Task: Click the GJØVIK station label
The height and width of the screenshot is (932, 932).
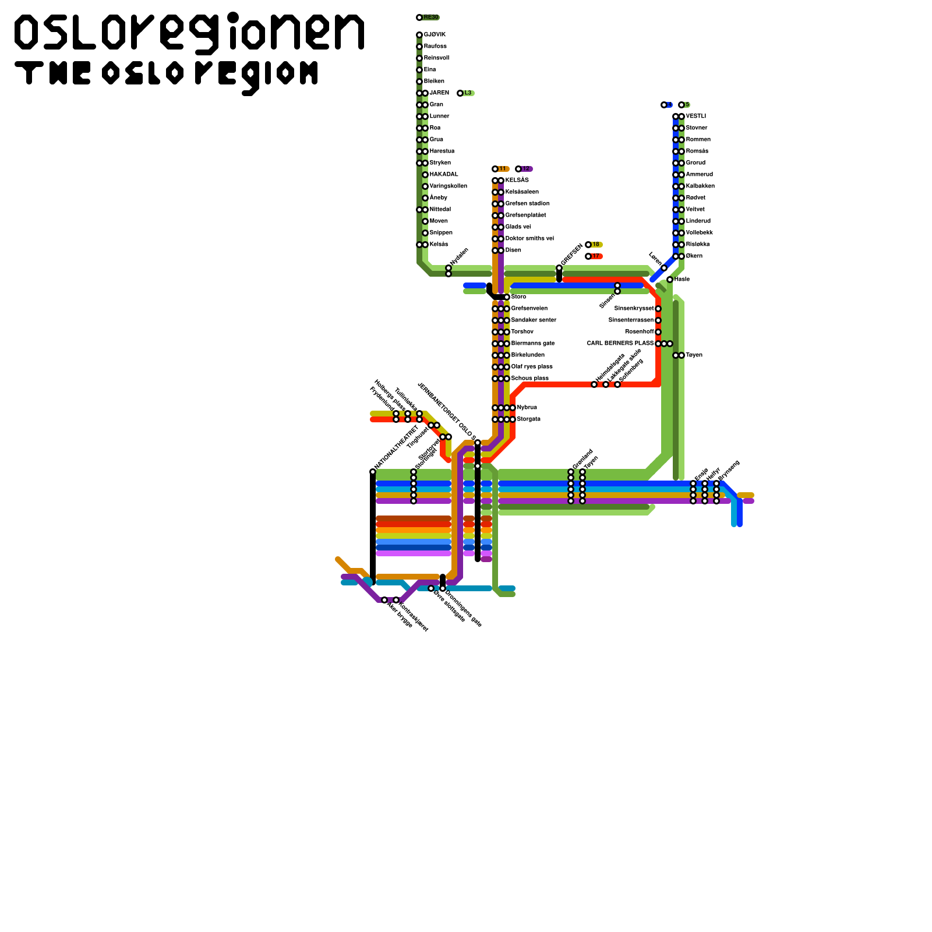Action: point(435,35)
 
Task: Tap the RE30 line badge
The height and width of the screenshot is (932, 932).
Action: point(430,17)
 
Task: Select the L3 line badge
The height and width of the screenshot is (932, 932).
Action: point(468,93)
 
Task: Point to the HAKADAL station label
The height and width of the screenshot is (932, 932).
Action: point(444,175)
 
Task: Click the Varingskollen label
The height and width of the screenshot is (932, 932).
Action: point(448,186)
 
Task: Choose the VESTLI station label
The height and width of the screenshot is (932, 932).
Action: point(696,116)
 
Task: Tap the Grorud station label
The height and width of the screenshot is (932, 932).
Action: point(696,163)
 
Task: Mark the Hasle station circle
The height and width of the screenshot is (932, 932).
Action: point(670,280)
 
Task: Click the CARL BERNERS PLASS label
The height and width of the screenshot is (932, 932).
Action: point(620,344)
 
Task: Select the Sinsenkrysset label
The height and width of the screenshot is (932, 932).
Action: point(634,309)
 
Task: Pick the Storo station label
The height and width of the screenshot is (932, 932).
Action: point(518,297)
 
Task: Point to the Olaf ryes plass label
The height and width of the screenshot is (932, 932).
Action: point(532,367)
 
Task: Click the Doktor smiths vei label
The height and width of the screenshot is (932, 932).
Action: point(529,239)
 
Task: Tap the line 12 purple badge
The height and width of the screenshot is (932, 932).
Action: point(525,169)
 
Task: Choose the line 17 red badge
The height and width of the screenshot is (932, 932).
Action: point(595,256)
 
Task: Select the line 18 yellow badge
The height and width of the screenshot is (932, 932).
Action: point(595,245)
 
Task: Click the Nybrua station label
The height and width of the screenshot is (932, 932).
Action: point(527,408)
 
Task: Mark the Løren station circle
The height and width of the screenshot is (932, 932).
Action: point(664,268)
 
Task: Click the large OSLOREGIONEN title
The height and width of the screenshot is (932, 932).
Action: point(189,32)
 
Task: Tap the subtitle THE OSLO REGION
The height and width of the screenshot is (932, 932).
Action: point(167,75)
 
